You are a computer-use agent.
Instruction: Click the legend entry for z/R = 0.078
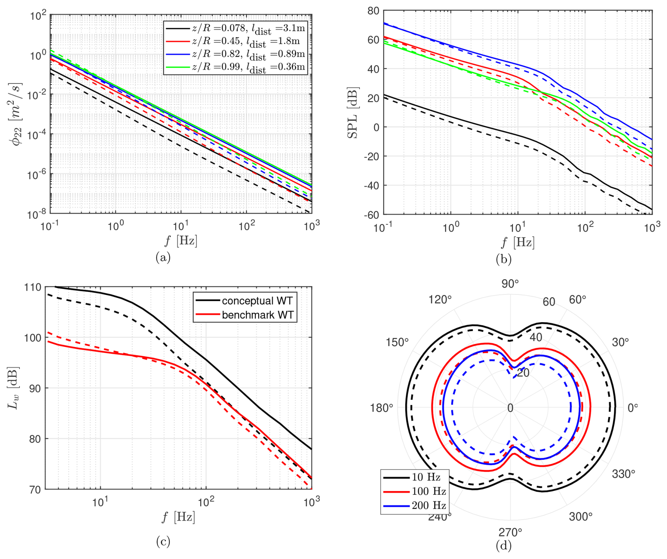(235, 29)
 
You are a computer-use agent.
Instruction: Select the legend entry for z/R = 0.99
(235, 67)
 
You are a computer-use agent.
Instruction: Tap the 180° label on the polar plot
(381, 408)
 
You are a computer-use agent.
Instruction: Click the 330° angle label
(623, 474)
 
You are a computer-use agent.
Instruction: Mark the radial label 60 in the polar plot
(549, 302)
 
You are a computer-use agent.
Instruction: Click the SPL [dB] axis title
(353, 113)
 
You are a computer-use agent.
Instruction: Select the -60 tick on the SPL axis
(371, 215)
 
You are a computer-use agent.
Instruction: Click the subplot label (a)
(163, 257)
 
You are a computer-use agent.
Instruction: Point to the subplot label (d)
(503, 545)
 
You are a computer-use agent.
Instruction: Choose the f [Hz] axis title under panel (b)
(518, 242)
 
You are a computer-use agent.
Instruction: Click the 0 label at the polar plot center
(510, 408)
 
